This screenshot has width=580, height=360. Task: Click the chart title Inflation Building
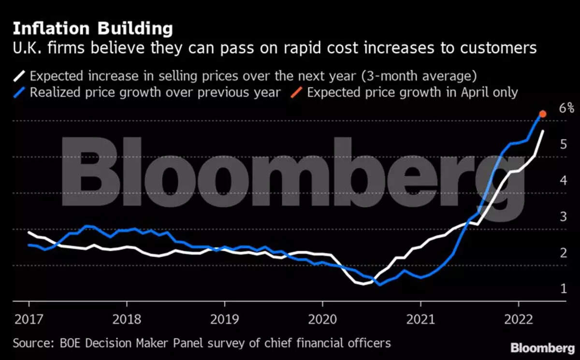coord(92,29)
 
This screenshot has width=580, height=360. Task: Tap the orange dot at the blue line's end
coord(543,114)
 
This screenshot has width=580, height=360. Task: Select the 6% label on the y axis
coord(566,108)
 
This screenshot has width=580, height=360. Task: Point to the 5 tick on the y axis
coord(564,144)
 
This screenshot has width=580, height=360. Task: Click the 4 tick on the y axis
coord(564,180)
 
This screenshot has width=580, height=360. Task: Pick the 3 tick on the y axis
coord(564,216)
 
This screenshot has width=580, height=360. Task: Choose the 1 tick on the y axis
coord(564,288)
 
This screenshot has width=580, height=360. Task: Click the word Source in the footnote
coord(29,344)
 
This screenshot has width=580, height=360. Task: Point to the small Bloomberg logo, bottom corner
coord(543,348)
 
